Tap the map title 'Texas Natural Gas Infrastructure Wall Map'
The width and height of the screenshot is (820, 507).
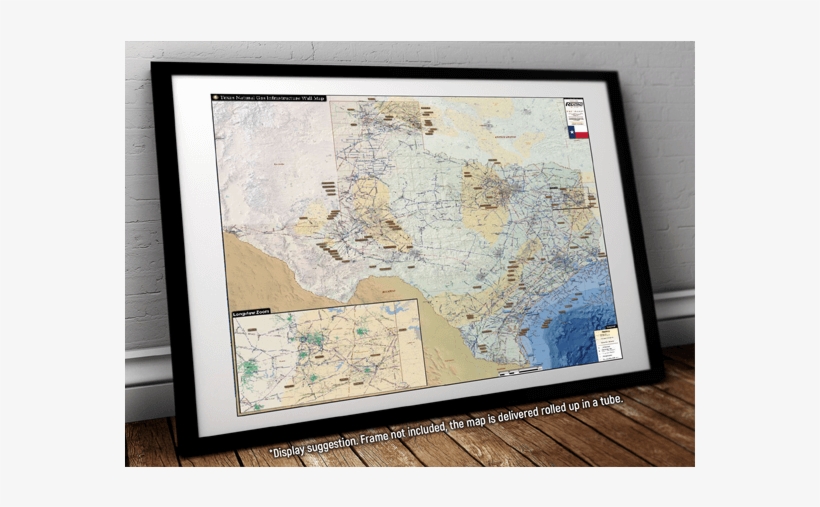point(274,99)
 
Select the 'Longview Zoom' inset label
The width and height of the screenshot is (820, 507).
point(252,314)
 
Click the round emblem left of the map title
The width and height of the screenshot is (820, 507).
point(216,98)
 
